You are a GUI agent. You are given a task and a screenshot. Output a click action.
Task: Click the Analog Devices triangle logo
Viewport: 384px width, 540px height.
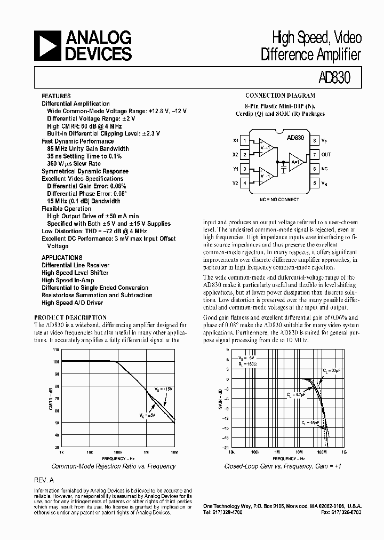47,45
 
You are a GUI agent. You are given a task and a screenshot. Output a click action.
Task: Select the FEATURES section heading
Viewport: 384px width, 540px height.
56,96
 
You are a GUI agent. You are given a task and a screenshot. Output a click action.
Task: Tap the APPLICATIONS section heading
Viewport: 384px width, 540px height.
62,257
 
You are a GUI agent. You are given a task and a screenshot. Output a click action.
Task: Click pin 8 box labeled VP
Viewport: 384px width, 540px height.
315,141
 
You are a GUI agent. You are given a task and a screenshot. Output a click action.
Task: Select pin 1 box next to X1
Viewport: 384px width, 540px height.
245,141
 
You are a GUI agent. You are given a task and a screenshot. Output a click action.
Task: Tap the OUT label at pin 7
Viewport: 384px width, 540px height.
326,155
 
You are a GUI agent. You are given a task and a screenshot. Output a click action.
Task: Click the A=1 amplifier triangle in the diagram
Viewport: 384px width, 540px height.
296,162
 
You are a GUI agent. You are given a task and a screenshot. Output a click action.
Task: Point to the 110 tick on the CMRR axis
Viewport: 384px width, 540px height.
56,350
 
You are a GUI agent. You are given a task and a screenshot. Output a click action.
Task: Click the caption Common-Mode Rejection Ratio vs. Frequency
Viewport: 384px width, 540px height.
118,466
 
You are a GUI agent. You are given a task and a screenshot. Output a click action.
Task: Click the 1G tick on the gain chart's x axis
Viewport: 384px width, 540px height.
344,451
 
